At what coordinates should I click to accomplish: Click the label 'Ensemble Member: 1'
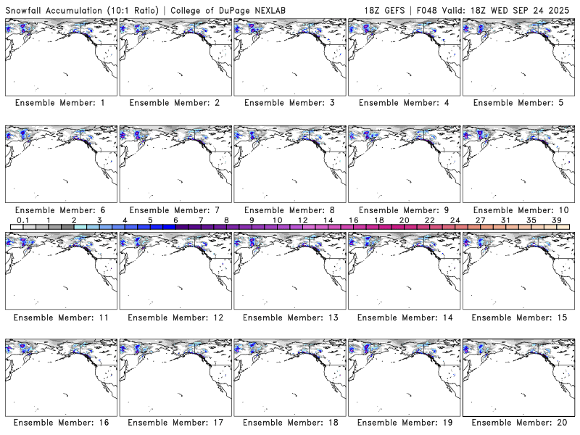[60, 103]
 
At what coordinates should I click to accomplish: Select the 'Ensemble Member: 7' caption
[175, 210]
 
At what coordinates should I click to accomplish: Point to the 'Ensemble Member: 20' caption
[520, 422]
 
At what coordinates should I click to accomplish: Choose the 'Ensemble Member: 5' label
[518, 103]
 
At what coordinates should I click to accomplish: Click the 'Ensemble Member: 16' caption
[62, 422]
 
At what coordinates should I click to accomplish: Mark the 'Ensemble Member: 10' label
[520, 210]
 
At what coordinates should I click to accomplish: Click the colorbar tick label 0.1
[23, 220]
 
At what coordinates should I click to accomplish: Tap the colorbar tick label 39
[556, 220]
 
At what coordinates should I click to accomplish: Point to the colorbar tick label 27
[480, 220]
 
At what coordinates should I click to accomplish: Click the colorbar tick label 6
[175, 220]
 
